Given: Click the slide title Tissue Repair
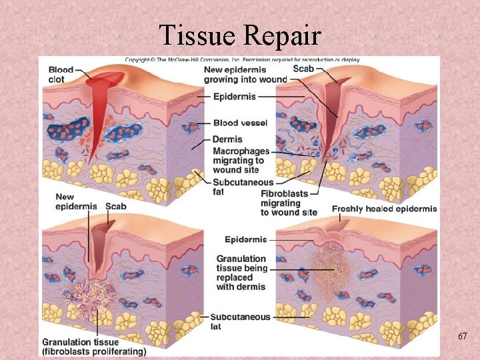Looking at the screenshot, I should click(x=239, y=34).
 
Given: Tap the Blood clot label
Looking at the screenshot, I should click(x=61, y=75).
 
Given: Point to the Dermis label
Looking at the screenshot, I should click(x=227, y=139).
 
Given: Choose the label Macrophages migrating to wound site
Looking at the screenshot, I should click(x=241, y=161).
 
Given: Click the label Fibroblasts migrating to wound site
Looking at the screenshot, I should click(x=285, y=203).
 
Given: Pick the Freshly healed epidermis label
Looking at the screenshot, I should click(x=384, y=209).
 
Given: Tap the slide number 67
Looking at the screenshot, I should click(x=462, y=338).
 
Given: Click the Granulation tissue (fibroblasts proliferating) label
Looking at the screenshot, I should click(x=94, y=347).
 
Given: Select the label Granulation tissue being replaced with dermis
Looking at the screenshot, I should click(x=241, y=273).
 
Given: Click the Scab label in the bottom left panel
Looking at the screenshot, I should click(x=115, y=207).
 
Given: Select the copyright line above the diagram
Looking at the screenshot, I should click(x=242, y=60).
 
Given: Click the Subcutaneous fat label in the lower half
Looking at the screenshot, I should click(x=240, y=321).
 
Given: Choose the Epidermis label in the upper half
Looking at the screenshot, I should click(x=234, y=97).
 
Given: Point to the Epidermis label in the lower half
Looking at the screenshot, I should click(x=245, y=240).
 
